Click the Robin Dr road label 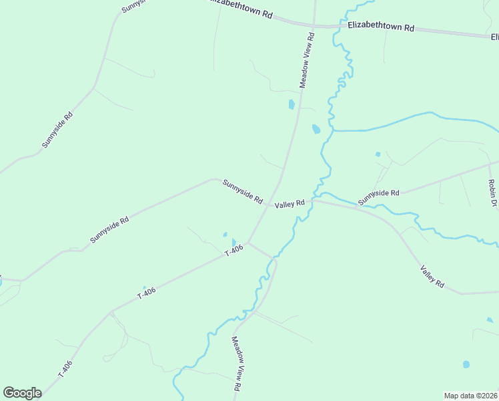pos(492,192)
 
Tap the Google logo pos(22,393)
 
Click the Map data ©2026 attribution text pos(470,395)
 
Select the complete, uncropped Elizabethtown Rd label pos(381,27)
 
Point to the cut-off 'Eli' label pos(494,36)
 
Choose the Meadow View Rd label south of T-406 pos(236,363)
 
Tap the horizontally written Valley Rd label pos(290,203)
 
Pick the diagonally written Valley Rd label pos(432,276)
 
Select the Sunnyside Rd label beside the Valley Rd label pos(242,191)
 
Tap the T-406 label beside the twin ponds pos(234,251)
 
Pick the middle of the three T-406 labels pos(146,292)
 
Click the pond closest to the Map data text pos(466,365)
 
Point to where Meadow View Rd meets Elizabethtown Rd pos(313,26)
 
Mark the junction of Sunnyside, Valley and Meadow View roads pos(269,205)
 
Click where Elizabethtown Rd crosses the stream pos(342,27)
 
